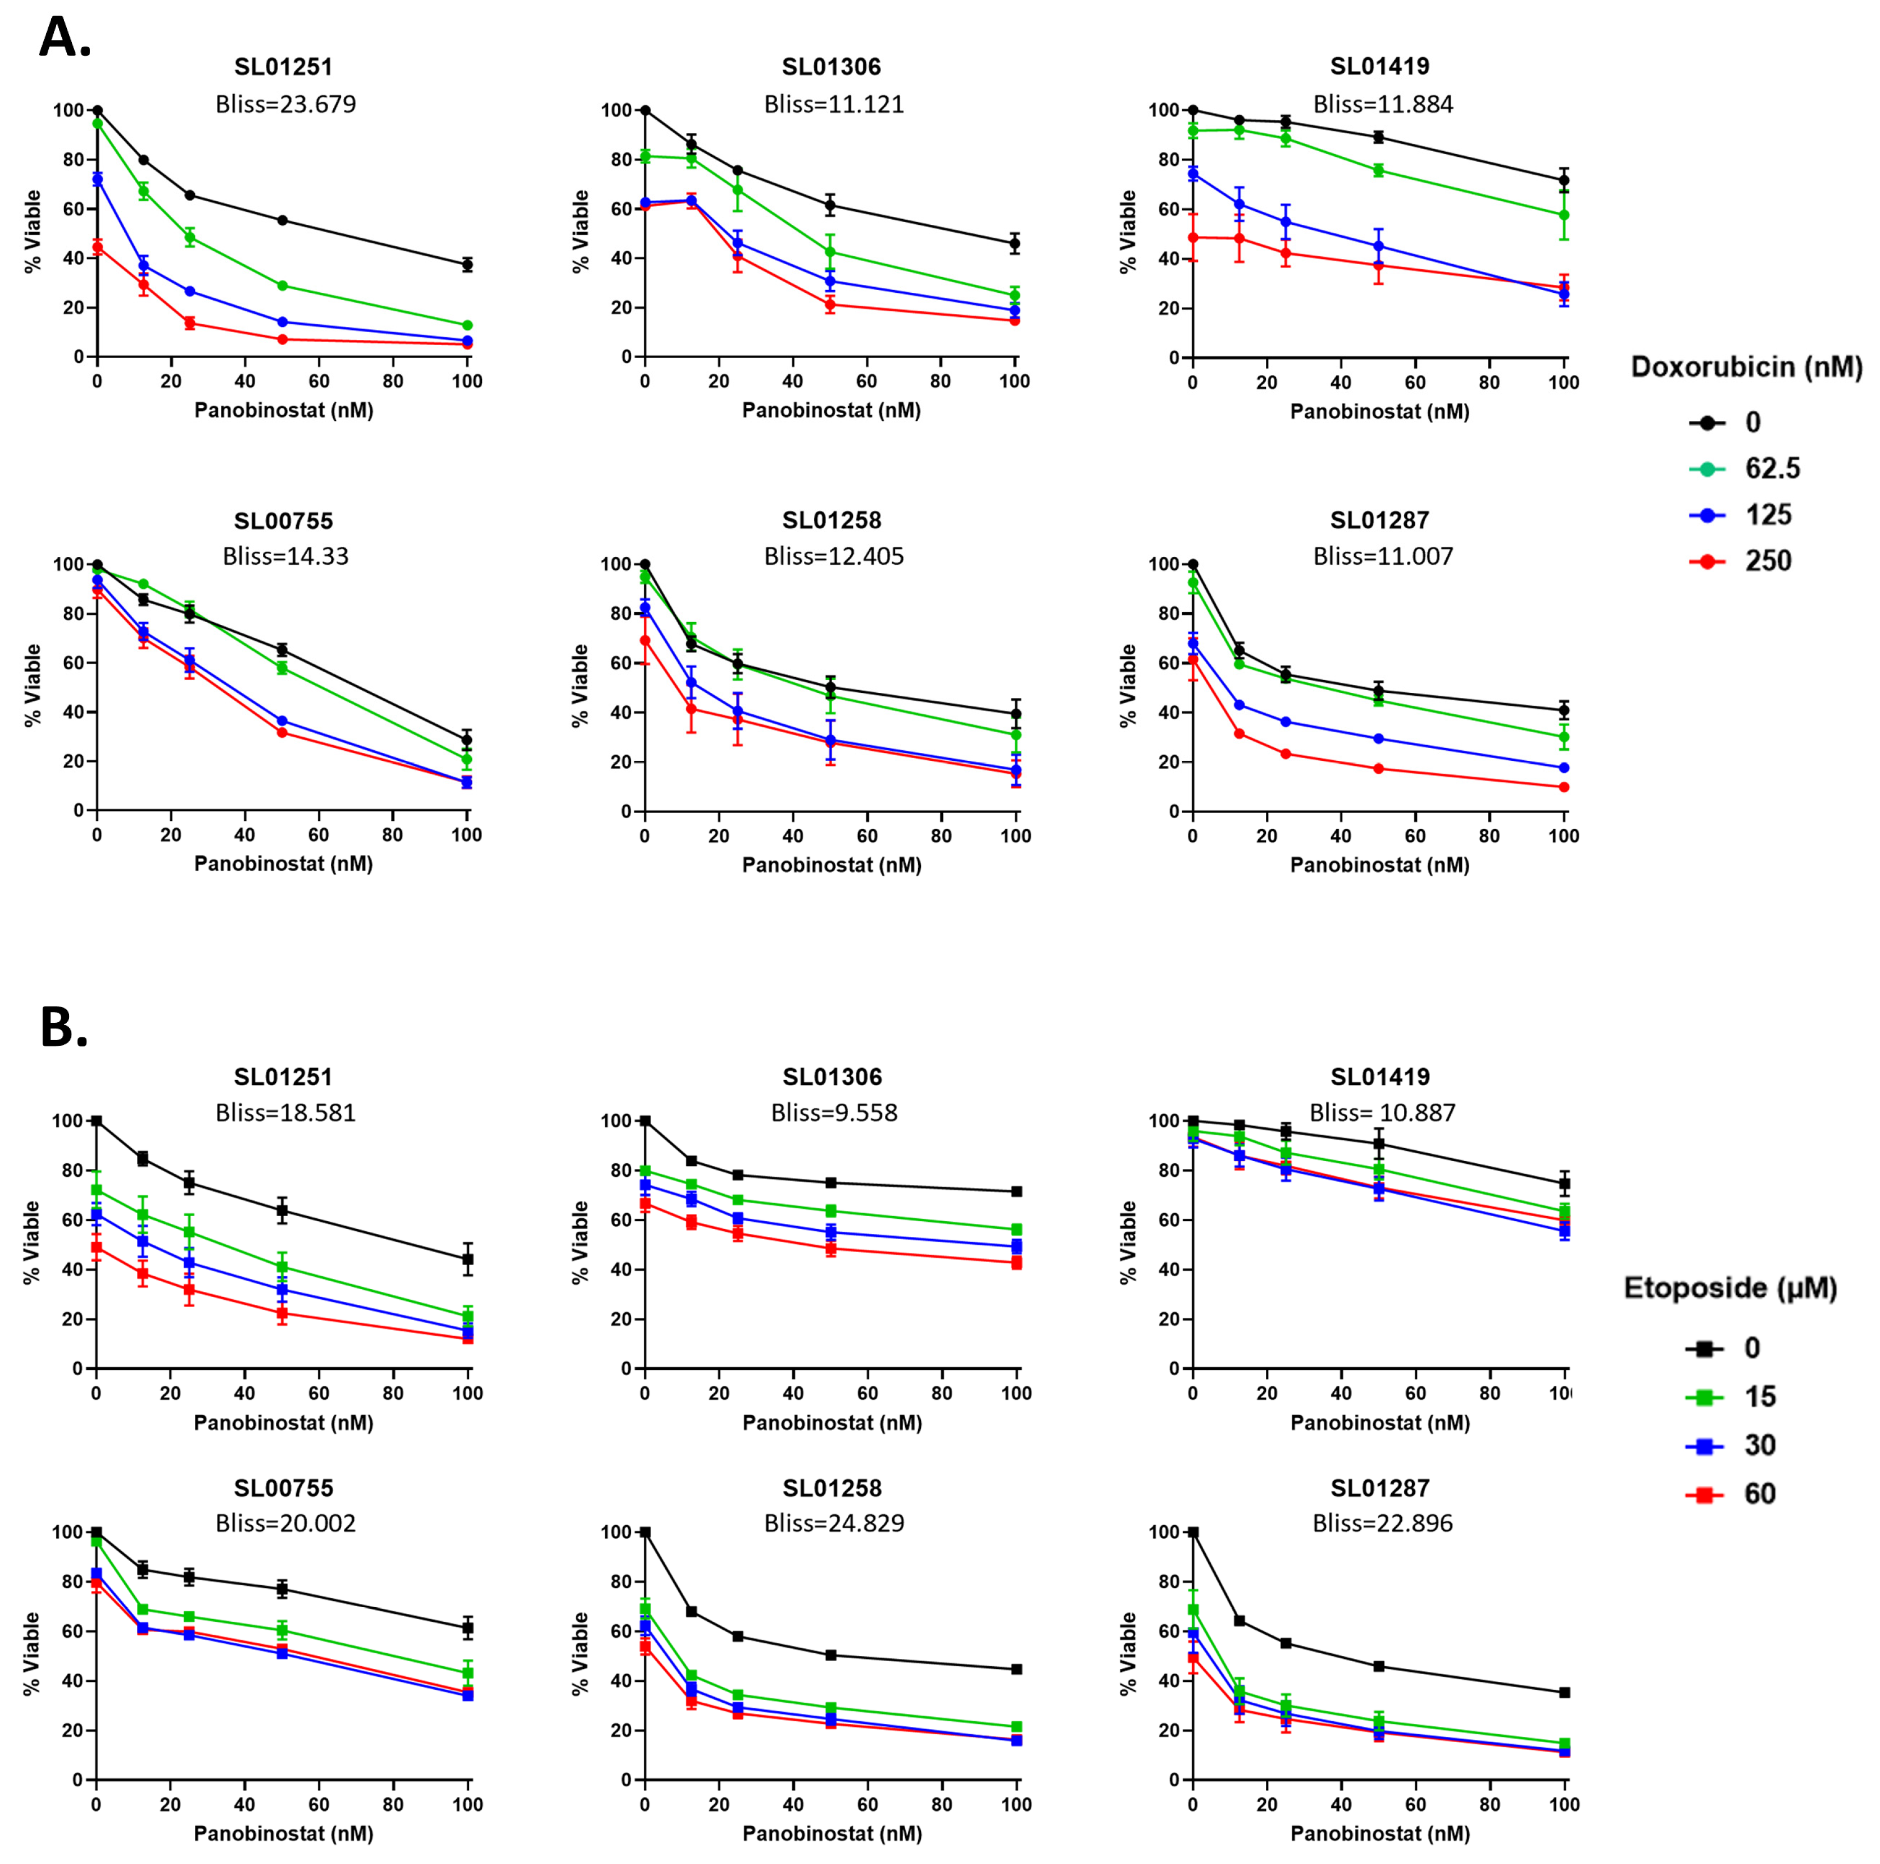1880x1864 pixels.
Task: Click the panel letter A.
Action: [64, 39]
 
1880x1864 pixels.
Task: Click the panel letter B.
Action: [63, 1028]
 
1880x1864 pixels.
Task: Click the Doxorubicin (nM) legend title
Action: [1746, 367]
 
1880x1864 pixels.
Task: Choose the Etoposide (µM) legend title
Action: [1730, 1288]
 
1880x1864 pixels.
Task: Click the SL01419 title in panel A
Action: [1380, 66]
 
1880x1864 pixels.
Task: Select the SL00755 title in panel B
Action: [283, 1488]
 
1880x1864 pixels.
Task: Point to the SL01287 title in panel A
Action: [1380, 521]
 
